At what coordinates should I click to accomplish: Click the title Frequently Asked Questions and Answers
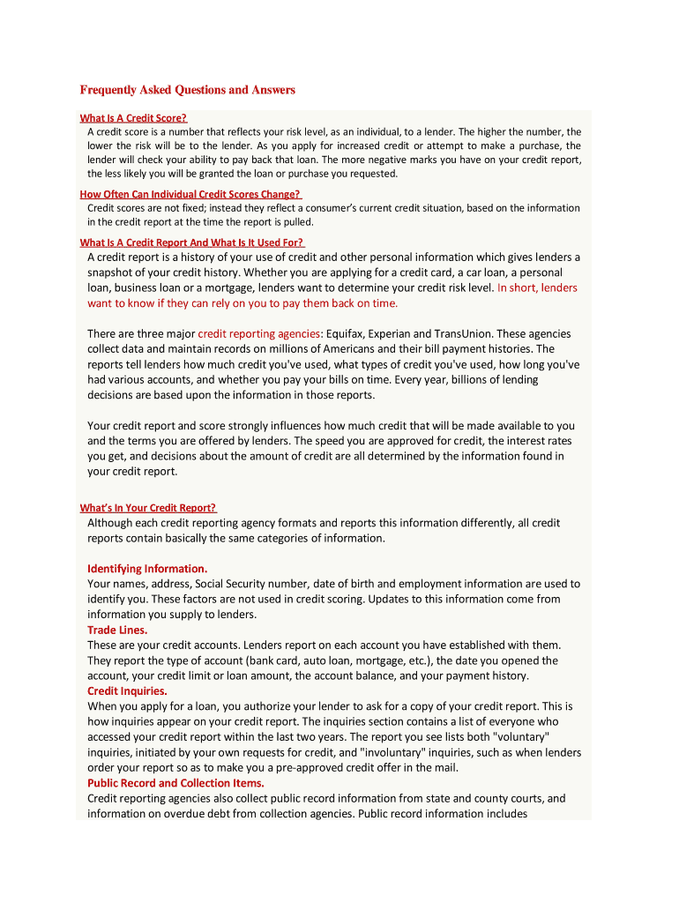pyautogui.click(x=187, y=90)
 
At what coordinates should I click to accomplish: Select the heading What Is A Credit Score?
pyautogui.click(x=133, y=117)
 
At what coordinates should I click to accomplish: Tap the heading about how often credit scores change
pyautogui.click(x=190, y=194)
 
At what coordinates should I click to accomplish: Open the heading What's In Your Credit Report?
pyautogui.click(x=147, y=507)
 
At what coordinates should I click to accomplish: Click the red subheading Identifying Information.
pyautogui.click(x=147, y=568)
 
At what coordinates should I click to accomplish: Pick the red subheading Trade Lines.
pyautogui.click(x=117, y=630)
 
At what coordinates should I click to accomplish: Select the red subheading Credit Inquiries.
pyautogui.click(x=127, y=691)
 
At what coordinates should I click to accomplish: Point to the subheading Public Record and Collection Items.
pyautogui.click(x=175, y=783)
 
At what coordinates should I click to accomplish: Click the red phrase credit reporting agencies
pyautogui.click(x=258, y=333)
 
